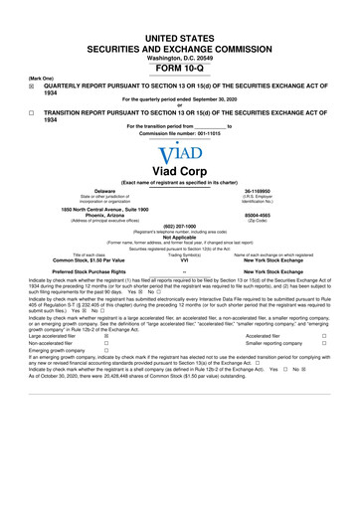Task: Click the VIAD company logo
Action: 180,152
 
